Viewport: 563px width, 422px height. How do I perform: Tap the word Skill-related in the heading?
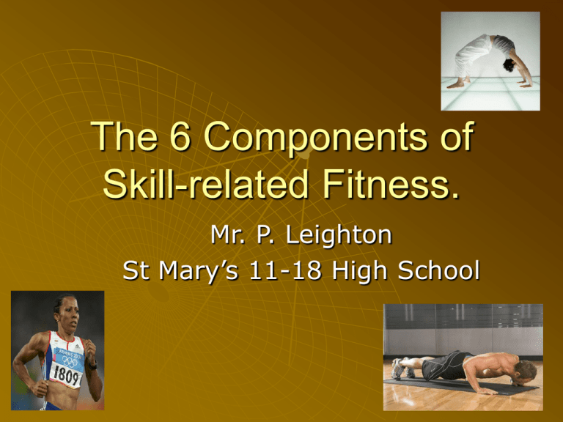pyautogui.click(x=205, y=184)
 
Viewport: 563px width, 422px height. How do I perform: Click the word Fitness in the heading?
pyautogui.click(x=391, y=184)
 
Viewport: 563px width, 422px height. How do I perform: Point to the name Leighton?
pyautogui.click(x=339, y=236)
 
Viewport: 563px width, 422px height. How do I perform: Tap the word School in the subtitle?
pyautogui.click(x=439, y=270)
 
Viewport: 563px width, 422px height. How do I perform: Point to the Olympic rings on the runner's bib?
pyautogui.click(x=70, y=360)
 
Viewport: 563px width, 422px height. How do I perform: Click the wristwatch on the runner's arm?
pyautogui.click(x=93, y=366)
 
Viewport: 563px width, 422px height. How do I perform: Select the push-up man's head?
pyautogui.click(x=525, y=371)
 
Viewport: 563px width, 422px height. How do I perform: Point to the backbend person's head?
pyautogui.click(x=509, y=65)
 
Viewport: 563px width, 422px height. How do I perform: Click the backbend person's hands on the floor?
pyautogui.click(x=525, y=84)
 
